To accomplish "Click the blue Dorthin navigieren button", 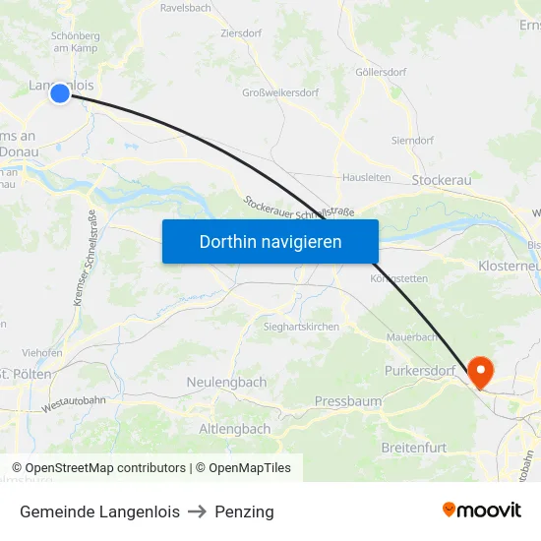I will (x=270, y=241).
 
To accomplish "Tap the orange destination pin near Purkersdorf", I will (x=481, y=371).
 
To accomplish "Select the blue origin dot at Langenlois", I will (x=60, y=93).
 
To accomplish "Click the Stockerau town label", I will (x=442, y=180).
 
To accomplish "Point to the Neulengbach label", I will (x=226, y=382).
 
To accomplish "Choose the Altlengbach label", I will (x=235, y=429).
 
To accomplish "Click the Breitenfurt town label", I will (x=413, y=448).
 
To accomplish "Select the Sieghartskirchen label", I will (x=301, y=327).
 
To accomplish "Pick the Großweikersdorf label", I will (x=280, y=93).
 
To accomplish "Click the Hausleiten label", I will (x=367, y=178).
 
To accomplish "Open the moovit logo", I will (x=482, y=510).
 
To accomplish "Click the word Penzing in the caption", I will (x=244, y=511).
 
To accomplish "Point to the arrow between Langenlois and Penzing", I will (x=197, y=511).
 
